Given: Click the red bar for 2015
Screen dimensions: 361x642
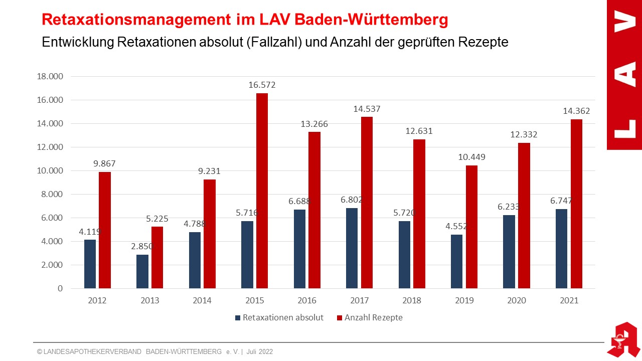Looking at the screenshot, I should coord(262,191).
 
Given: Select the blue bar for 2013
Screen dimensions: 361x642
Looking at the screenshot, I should coord(142,271).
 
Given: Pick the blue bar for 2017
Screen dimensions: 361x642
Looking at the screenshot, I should coord(352,248).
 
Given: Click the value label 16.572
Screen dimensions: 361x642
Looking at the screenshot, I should coord(262,85).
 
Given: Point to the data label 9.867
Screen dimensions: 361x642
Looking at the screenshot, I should coord(105,163).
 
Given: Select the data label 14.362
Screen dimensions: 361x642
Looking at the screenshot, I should coord(576,111).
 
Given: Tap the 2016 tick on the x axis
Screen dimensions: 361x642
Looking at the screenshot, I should coord(307,301).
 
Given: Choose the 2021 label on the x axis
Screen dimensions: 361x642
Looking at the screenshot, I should coord(569,301).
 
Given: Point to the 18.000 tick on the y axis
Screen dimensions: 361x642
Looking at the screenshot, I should coord(50,76).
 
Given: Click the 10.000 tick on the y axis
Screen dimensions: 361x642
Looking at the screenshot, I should coord(50,170).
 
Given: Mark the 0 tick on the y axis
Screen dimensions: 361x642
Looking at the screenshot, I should coord(60,288).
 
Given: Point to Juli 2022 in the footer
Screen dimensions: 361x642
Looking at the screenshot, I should coord(260,352).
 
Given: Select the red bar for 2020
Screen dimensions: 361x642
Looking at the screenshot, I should coord(524,216).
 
